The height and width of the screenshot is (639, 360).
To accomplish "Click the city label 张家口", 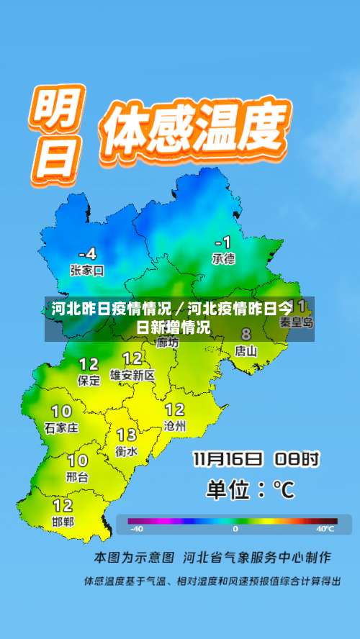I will [x=87, y=271].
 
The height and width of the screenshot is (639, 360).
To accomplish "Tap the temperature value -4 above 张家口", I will [x=87, y=253].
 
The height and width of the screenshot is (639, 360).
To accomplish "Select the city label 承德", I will [x=223, y=258].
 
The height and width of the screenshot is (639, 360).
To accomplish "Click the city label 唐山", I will [x=246, y=351].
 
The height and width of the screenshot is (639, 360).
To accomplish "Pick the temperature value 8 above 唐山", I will [x=246, y=335].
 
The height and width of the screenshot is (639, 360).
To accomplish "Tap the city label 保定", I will [x=89, y=381].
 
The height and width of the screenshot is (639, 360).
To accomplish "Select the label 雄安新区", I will [x=132, y=375].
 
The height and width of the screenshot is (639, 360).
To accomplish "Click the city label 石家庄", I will [x=61, y=427].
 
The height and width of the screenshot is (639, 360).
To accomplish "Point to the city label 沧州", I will [x=175, y=426].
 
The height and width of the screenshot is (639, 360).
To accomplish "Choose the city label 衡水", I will [x=127, y=451].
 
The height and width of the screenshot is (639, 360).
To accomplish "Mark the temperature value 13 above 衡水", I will [x=127, y=435].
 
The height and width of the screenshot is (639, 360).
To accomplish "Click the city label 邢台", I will [x=77, y=476].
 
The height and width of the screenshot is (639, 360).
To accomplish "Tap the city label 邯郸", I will [x=63, y=521].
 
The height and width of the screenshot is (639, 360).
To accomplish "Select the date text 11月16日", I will [x=227, y=458].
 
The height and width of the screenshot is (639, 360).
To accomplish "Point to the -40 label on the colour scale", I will [x=136, y=529].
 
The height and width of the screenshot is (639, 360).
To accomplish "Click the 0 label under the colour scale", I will [x=235, y=529].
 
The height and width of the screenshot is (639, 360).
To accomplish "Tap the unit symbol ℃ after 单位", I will [x=284, y=490].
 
